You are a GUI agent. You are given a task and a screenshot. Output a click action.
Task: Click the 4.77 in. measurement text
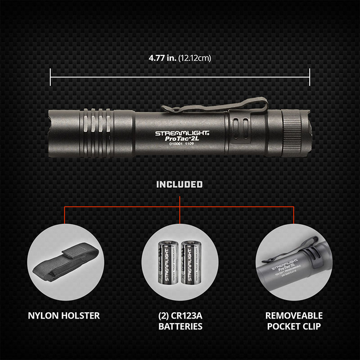[x=162, y=58]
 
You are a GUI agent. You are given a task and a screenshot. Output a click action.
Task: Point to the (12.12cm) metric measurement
[x=195, y=58]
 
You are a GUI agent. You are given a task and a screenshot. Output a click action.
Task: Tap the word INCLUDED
[x=180, y=184]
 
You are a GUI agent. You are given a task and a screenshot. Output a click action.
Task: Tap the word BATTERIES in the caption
[x=180, y=326]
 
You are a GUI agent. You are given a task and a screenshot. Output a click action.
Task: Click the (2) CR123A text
[x=180, y=316]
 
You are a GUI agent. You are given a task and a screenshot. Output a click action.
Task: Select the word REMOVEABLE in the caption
[x=293, y=316]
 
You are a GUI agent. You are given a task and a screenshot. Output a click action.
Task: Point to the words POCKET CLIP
[x=293, y=326]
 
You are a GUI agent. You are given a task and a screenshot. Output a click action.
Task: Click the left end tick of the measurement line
[x=50, y=77]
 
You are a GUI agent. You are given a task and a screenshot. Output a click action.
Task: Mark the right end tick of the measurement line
[x=310, y=77]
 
